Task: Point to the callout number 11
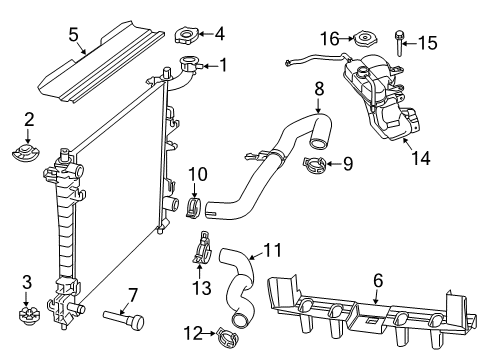pos(272,252)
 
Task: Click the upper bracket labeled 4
pos(186,38)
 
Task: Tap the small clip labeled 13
pos(203,245)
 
